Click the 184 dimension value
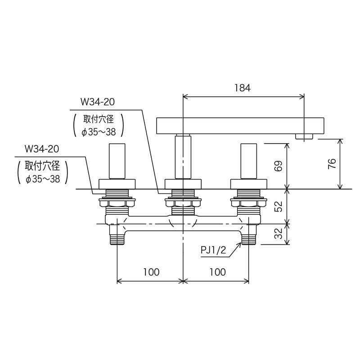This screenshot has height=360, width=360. tap(242, 88)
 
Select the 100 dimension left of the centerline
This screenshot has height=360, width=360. tap(151, 272)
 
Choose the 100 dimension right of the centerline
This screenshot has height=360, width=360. tap(217, 272)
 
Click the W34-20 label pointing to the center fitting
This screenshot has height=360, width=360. tap(97, 102)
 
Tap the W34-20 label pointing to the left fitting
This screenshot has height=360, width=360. tap(42, 148)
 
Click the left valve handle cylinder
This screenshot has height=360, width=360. tap(117, 161)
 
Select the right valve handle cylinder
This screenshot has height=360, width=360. tap(248, 161)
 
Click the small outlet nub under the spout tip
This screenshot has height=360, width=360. tap(305, 136)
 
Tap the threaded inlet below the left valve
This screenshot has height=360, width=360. tap(117, 237)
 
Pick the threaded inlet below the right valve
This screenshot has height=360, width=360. tap(248, 237)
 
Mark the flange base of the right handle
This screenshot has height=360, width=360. tap(248, 184)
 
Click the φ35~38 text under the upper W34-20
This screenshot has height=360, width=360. tap(98, 132)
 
